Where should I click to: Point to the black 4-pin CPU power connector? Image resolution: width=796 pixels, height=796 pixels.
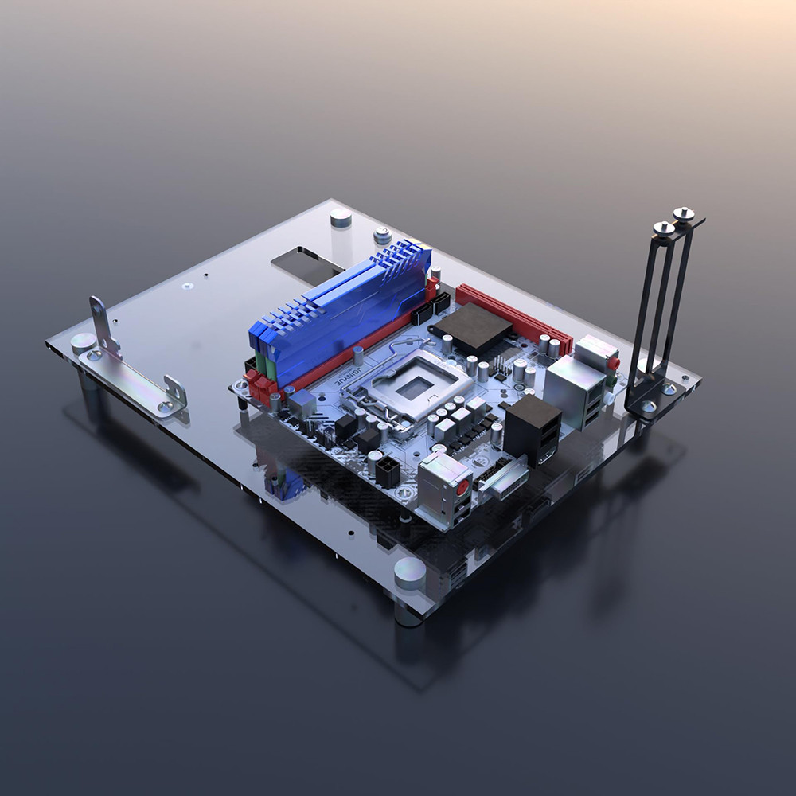pyautogui.click(x=387, y=471)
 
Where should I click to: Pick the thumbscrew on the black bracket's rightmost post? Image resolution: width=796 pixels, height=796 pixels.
pyautogui.click(x=684, y=213)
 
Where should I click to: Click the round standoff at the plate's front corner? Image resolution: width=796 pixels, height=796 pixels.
pyautogui.click(x=410, y=572)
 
